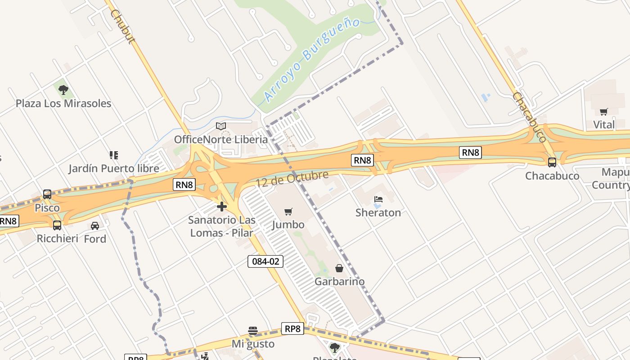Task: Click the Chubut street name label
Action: (x=122, y=27)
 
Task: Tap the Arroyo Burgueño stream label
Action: (x=311, y=59)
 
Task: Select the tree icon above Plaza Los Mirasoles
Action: (x=63, y=90)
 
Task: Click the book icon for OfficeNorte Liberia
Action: (x=220, y=126)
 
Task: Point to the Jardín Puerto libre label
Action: (x=114, y=169)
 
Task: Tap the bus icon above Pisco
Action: (x=47, y=194)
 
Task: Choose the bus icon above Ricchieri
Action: (x=57, y=225)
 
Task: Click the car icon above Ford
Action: (x=95, y=225)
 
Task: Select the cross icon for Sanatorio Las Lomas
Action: (x=221, y=207)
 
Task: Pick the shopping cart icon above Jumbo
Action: (x=288, y=211)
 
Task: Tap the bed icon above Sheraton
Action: (x=378, y=199)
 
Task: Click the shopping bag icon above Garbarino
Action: (x=339, y=268)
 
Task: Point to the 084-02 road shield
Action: (x=265, y=261)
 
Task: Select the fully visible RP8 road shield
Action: (x=292, y=328)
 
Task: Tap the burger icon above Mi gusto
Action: (x=253, y=331)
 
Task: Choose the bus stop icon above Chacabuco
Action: (x=552, y=162)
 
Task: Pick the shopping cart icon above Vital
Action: (x=603, y=112)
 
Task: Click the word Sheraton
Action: (x=378, y=212)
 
